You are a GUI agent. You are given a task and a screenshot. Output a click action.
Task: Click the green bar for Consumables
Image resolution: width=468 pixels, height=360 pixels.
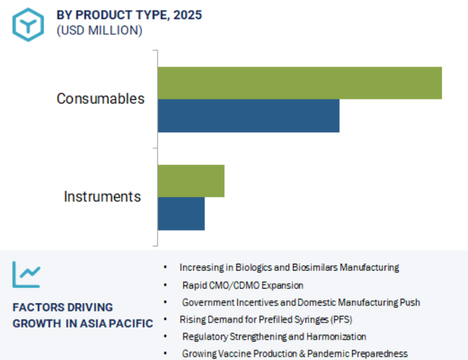300,83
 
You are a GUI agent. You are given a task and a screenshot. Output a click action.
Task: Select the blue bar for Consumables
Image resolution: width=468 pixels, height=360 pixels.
248,116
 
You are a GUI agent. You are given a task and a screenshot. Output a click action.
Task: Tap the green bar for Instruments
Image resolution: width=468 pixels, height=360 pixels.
191,181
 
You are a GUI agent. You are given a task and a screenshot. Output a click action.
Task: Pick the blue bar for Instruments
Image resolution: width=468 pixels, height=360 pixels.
181,214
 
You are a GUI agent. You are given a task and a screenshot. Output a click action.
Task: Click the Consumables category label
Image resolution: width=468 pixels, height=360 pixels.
101,99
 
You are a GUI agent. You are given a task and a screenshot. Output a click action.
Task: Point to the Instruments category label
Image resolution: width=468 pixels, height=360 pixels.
102,197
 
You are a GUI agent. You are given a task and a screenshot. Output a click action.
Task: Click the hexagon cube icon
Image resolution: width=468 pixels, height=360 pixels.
28,25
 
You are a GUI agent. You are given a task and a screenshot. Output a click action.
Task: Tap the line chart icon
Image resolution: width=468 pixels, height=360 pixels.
26,274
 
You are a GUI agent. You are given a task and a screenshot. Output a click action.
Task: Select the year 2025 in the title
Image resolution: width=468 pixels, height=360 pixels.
188,15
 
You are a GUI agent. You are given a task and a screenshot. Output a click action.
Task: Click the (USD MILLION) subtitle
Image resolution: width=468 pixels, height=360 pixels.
99,30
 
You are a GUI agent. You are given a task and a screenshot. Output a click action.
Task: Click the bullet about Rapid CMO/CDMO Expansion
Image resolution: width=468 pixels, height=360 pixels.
243,285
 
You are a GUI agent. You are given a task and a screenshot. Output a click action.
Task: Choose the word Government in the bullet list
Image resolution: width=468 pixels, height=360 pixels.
208,302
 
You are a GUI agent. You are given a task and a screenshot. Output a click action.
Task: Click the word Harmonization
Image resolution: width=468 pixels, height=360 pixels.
336,337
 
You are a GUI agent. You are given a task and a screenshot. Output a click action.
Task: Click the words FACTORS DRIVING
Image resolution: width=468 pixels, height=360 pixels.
63,307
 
